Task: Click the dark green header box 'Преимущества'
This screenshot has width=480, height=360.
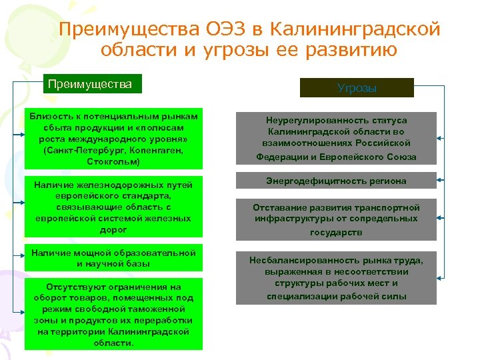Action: click(93, 84)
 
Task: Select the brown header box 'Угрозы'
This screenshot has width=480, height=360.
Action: click(357, 88)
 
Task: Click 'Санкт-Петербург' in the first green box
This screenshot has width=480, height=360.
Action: click(78, 150)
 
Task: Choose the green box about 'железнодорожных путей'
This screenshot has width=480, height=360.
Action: click(113, 207)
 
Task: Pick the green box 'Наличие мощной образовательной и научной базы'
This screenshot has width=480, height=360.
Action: click(113, 258)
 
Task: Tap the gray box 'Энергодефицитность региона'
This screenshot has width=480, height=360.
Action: click(336, 181)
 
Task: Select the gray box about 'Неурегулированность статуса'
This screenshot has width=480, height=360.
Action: click(336, 138)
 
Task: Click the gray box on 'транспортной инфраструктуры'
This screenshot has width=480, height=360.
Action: click(336, 219)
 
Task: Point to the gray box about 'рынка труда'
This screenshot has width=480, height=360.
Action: click(336, 278)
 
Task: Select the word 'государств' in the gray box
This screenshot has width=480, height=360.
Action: click(336, 232)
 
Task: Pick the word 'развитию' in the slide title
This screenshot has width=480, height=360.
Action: click(360, 50)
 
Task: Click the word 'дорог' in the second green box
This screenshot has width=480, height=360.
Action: click(113, 229)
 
